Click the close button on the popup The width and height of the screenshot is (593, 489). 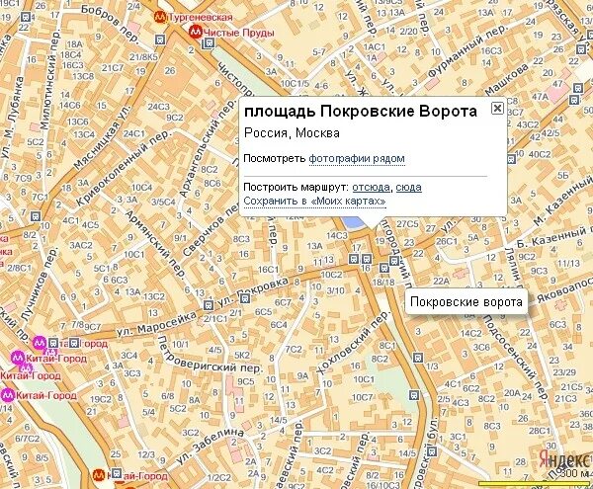(x=497, y=109)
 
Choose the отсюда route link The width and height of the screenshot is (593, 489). (x=371, y=187)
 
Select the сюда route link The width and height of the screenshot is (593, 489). (x=408, y=187)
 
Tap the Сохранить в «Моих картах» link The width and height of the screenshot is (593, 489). (x=314, y=202)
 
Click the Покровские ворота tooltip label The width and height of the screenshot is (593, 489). (x=466, y=301)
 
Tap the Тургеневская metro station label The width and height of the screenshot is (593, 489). (x=200, y=18)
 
